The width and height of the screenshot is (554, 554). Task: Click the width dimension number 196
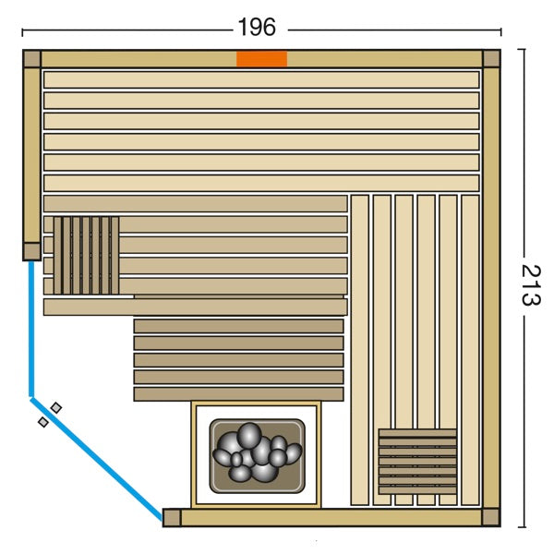click(257, 27)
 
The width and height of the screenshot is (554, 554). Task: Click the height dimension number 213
click(531, 284)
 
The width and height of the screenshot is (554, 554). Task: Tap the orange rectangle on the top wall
click(261, 59)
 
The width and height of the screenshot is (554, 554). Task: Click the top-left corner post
click(31, 59)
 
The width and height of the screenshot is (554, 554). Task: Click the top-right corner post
click(491, 59)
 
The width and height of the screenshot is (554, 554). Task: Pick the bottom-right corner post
click(491, 517)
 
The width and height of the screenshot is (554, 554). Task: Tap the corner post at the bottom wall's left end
click(172, 518)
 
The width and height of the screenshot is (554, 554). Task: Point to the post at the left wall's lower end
click(31, 251)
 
